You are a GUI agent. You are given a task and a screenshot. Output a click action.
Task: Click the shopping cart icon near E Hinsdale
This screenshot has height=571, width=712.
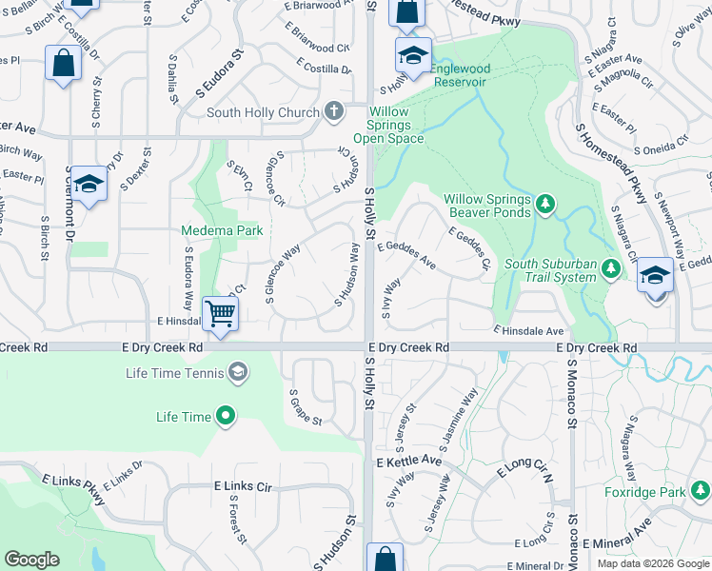click(x=220, y=312)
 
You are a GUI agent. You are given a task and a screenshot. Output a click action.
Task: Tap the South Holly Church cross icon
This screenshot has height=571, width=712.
click(x=333, y=112)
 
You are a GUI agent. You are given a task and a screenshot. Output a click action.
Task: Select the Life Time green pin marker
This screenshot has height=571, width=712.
click(x=226, y=416)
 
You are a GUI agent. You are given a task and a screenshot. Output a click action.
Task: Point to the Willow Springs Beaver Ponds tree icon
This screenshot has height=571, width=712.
click(x=544, y=204)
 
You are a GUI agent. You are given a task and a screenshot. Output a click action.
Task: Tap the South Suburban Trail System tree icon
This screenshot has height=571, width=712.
click(x=612, y=271)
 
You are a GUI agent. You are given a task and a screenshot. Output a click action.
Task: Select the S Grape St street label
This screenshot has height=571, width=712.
click(x=306, y=407)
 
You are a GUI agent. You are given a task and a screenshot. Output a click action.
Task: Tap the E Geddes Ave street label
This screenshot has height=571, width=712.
click(x=406, y=255)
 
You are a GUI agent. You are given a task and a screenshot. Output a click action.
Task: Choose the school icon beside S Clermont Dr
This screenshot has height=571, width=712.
click(x=88, y=185)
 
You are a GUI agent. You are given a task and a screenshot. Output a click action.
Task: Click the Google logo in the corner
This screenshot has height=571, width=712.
click(x=31, y=560)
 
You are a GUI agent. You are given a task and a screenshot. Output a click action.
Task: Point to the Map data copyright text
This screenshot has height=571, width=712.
click(x=652, y=563)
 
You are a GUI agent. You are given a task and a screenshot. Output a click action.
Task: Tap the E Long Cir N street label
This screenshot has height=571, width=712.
click(x=524, y=470)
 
